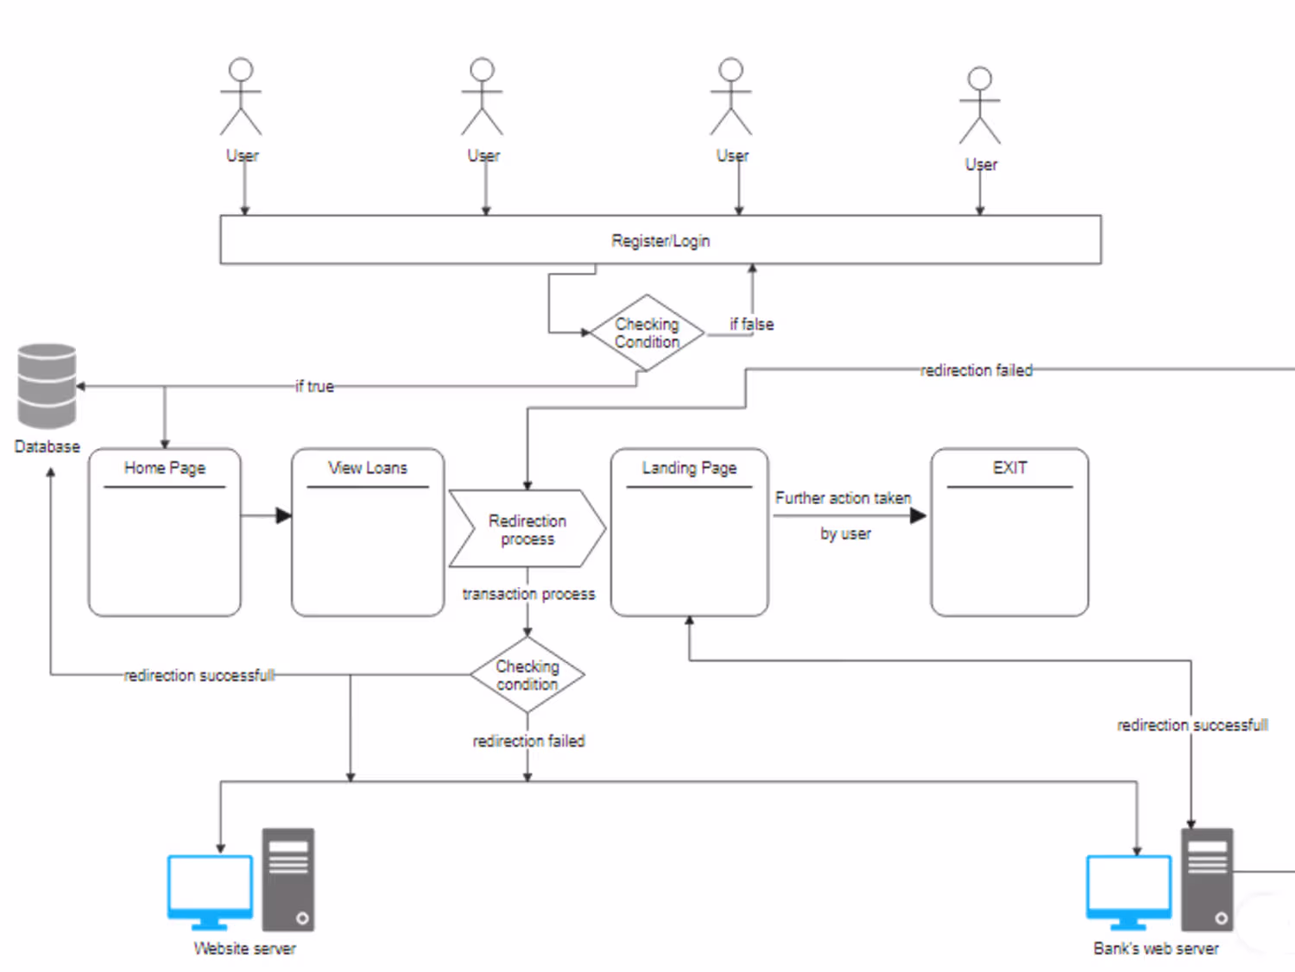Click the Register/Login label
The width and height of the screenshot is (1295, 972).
[660, 241]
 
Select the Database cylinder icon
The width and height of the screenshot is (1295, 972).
[47, 386]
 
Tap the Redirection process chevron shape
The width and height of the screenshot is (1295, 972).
[527, 528]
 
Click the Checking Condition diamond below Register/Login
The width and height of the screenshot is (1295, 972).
[647, 332]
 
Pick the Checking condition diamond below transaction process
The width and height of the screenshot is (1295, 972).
[527, 675]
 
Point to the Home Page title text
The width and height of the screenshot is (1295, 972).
[165, 469]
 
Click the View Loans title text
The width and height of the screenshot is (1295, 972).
[368, 469]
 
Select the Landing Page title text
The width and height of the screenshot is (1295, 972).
[689, 469]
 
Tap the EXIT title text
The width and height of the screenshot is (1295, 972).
[1009, 468]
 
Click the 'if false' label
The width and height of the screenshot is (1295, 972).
[752, 325]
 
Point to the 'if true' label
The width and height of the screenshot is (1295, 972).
[314, 387]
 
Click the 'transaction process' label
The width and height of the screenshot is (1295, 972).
[528, 594]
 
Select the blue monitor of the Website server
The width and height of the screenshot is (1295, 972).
[210, 892]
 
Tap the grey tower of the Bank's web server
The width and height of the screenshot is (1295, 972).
[1207, 880]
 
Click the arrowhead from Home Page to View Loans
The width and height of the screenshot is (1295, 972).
[284, 515]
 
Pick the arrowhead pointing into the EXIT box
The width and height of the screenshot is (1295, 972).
[918, 516]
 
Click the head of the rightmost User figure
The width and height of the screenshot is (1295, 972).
[980, 79]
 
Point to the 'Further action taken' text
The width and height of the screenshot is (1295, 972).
[843, 498]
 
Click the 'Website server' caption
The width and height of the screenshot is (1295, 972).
[245, 949]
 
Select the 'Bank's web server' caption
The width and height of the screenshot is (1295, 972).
[1156, 949]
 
